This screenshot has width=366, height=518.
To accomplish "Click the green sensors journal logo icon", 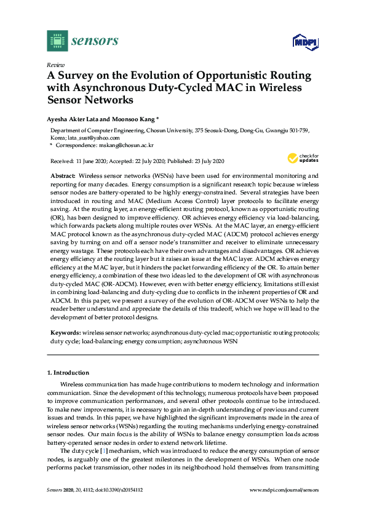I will [57, 41].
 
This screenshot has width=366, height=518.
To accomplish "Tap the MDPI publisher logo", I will [303, 42].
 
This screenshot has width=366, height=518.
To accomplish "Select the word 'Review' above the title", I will [55, 65].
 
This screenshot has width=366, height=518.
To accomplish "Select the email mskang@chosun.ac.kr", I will [122, 146].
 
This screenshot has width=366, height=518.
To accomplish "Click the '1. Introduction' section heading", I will [68, 372].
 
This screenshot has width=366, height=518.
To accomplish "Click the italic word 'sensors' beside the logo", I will [95, 41].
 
